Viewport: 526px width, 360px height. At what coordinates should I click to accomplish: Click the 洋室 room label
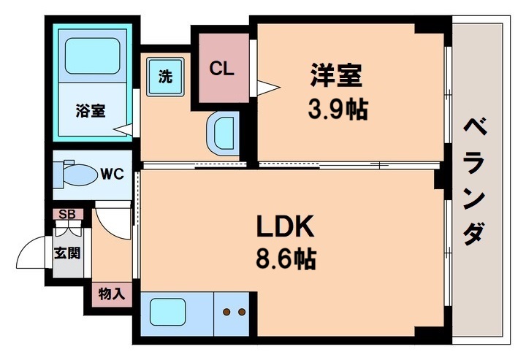pos(337,76)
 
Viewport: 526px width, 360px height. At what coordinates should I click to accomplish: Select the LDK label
pos(284,228)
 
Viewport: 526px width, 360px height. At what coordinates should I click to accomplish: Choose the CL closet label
pos(221,69)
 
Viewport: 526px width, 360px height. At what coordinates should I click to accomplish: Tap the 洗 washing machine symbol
pos(167,75)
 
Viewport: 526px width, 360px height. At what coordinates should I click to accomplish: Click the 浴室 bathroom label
pos(91,111)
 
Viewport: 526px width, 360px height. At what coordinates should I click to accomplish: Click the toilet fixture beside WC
pos(77,175)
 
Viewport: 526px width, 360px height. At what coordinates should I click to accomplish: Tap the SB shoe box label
pos(67,214)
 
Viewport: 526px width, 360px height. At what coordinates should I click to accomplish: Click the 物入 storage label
pos(112,294)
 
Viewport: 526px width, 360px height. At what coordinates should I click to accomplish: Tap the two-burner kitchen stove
pos(235,313)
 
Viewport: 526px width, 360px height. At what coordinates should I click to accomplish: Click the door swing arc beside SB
pos(111,221)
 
